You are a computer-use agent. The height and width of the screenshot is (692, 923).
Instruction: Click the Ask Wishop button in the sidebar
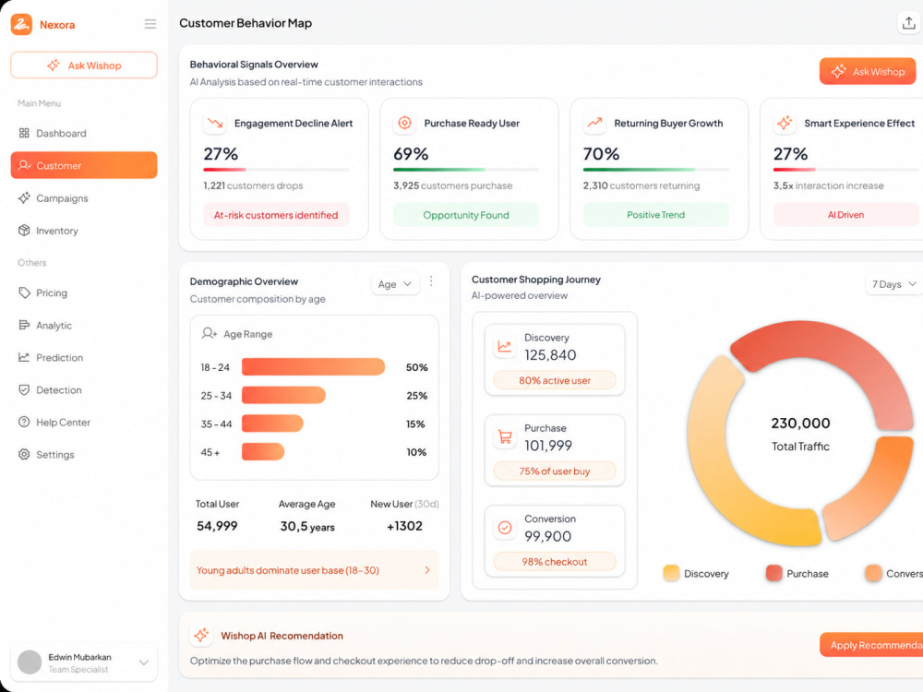click(x=84, y=65)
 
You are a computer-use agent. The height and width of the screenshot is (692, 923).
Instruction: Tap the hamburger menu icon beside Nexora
click(x=150, y=24)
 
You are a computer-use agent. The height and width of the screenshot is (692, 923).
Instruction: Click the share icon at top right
click(x=909, y=23)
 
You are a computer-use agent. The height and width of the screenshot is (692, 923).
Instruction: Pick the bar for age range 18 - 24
click(x=313, y=366)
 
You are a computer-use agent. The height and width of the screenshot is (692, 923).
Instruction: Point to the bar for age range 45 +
click(x=263, y=452)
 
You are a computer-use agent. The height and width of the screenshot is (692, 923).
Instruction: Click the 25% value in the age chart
click(x=417, y=396)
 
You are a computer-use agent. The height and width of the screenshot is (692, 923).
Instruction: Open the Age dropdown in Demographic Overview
click(x=394, y=284)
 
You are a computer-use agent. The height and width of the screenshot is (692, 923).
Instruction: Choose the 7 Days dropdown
click(x=893, y=284)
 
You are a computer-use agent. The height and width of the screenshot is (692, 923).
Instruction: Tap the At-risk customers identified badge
click(x=276, y=215)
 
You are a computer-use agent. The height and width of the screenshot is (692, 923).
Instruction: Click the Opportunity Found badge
click(x=465, y=215)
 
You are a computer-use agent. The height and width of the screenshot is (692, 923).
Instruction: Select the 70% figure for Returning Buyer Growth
click(x=601, y=154)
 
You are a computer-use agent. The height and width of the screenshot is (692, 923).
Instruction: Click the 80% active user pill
click(x=555, y=380)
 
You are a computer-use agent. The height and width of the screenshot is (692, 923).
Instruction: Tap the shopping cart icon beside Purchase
click(x=505, y=436)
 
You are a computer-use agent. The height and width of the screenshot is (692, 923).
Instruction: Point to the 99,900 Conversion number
click(x=547, y=536)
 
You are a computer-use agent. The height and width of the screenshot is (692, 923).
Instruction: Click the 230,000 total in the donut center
click(x=800, y=424)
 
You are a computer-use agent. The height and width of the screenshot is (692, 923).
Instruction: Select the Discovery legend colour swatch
click(x=671, y=573)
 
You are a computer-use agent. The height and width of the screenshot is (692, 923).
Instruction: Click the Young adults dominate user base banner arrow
click(x=427, y=569)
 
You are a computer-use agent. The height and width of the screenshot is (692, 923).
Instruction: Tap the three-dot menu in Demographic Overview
click(x=431, y=281)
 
